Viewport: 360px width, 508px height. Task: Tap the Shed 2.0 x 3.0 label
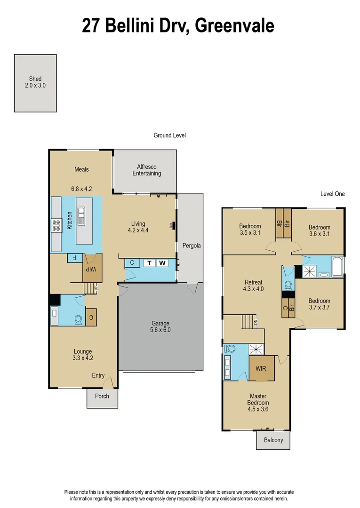[x=35, y=83]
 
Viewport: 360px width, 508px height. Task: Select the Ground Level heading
[x=169, y=135]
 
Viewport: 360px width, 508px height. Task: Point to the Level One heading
[x=332, y=194]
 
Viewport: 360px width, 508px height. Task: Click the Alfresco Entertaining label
[x=149, y=170]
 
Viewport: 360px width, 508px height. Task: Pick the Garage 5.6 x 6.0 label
[x=160, y=326]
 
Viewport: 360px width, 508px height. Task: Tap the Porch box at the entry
[x=102, y=396]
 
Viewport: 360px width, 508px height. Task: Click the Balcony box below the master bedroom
[x=273, y=440]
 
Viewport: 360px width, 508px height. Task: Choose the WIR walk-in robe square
[x=261, y=368]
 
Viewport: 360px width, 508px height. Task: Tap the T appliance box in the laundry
[x=149, y=263]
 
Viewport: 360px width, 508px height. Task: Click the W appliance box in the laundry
[x=162, y=263]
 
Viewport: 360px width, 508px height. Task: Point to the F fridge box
[x=75, y=258]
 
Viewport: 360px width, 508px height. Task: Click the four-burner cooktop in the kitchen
[x=57, y=226]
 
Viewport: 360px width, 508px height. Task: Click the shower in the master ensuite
[x=256, y=349]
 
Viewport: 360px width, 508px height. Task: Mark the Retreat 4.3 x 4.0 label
[x=253, y=286]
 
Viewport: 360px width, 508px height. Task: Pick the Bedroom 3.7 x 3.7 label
[x=319, y=304]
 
